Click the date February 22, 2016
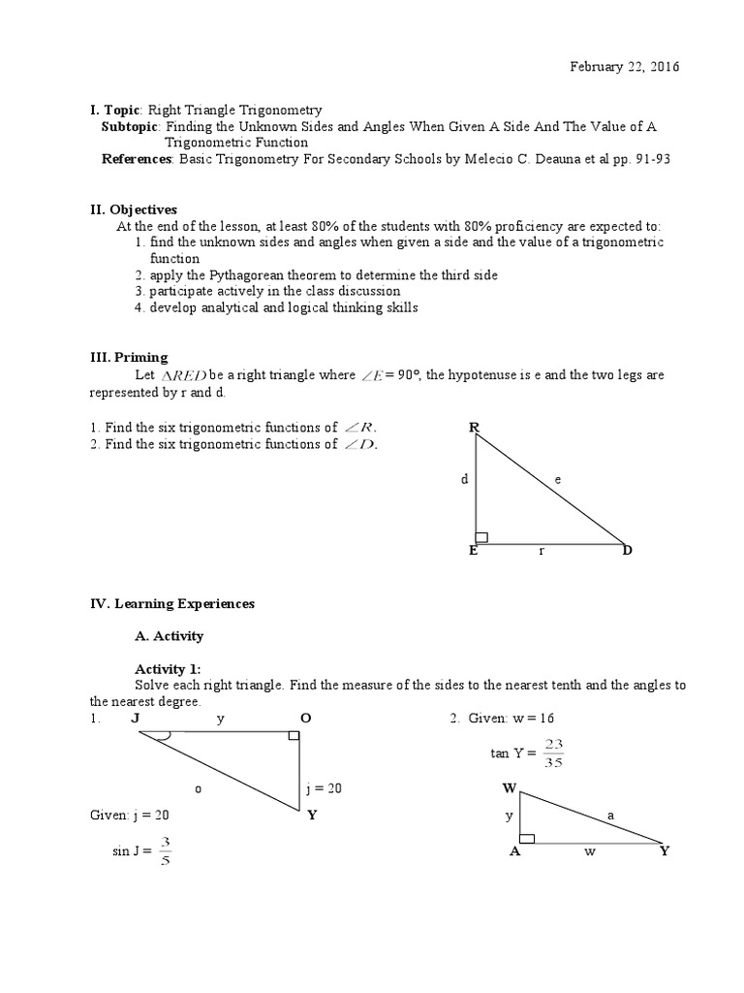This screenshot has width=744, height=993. [624, 67]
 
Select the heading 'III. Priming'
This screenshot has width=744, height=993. [129, 358]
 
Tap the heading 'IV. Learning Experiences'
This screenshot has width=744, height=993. [172, 603]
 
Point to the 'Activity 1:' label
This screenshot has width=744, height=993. [167, 669]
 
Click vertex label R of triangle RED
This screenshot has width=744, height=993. [474, 427]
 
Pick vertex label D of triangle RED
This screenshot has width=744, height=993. [627, 551]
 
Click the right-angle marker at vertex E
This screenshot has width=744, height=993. [481, 537]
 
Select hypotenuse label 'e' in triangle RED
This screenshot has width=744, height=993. [557, 478]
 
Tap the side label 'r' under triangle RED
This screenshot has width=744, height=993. [542, 551]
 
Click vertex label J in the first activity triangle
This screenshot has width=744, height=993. [135, 719]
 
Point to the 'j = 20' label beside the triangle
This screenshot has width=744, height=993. [324, 788]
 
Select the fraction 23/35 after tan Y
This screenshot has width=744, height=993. [553, 753]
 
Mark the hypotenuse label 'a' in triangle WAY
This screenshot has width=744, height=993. [610, 816]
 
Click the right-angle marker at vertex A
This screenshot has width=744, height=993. [527, 837]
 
